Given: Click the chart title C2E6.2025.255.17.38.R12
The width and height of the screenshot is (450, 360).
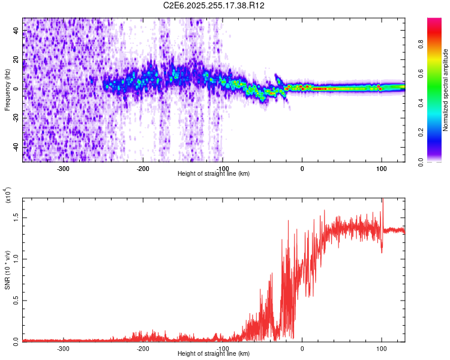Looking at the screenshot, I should [214, 5].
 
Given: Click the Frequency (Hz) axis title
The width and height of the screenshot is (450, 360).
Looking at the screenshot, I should [8, 90].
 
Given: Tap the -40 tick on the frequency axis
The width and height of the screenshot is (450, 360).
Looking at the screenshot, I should [16, 146].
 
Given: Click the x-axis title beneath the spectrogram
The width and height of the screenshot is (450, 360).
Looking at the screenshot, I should [214, 173].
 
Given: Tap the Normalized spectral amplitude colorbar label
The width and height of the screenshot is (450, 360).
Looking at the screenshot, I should [446, 90].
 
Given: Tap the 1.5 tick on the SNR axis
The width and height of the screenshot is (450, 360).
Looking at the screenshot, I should [16, 217].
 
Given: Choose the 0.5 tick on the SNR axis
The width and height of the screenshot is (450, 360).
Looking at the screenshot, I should [16, 300].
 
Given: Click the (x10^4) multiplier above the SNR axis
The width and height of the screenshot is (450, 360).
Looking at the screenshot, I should [8, 195].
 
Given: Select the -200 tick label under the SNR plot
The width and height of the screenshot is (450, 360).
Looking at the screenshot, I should [143, 347].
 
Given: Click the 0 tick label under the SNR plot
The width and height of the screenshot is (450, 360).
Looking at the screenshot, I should [302, 347].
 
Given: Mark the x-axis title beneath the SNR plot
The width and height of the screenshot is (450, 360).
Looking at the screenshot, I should [214, 353].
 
